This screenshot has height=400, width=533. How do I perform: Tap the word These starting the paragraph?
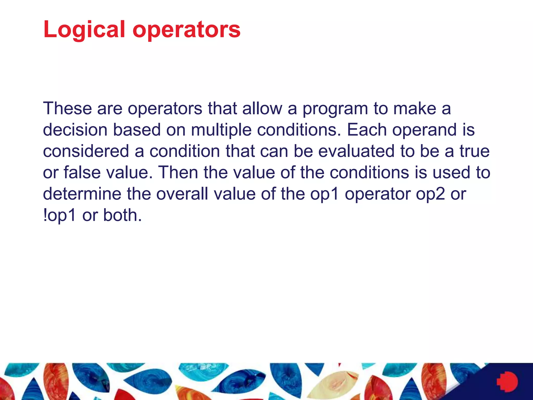point(67,108)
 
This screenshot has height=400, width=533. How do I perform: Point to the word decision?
point(75,130)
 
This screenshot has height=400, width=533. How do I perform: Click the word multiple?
point(221,130)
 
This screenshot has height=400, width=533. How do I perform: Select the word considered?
point(86,151)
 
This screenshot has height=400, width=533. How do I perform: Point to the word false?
point(82,173)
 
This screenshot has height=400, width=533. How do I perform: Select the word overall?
point(182,194)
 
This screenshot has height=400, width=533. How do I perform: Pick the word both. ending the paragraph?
point(122,215)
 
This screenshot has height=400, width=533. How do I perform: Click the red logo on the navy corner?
point(507,382)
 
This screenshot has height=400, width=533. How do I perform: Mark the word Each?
point(367,130)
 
